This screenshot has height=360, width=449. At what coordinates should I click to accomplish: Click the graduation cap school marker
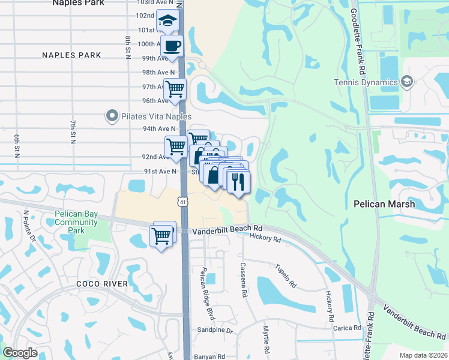click(x=167, y=22)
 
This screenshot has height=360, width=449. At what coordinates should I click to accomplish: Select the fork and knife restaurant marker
click(x=238, y=181)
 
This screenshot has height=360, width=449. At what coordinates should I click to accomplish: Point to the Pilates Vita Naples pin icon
click(x=112, y=116)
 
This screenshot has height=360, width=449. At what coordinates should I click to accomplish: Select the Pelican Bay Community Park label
click(x=76, y=222)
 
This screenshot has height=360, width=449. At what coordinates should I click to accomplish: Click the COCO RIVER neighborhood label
click(x=102, y=284)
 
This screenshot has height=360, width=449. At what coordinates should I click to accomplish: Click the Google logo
click(x=20, y=353)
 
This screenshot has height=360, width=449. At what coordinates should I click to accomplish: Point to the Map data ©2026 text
click(x=422, y=355)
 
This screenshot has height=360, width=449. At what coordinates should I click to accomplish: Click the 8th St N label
click(x=128, y=48)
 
